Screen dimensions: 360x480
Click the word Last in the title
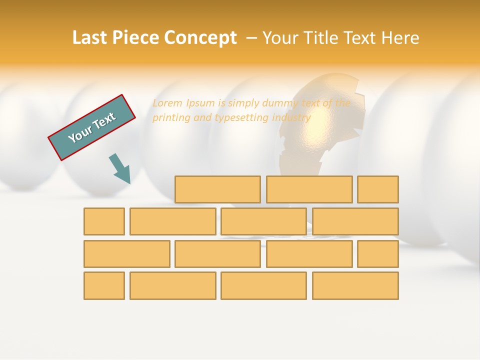coord(89,38)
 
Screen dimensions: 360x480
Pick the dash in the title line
coord(251,38)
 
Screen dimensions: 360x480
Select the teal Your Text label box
coord(92,127)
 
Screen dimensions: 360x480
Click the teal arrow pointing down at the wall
coord(120,169)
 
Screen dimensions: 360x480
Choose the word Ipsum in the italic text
coord(200,103)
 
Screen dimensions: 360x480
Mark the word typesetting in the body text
coord(242,118)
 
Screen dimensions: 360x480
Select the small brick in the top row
coord(378,189)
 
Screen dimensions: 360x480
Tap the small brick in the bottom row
coord(104,285)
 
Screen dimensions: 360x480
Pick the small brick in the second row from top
coord(104,221)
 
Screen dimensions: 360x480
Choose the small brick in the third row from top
coord(378,253)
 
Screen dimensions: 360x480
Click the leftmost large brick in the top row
coord(217,189)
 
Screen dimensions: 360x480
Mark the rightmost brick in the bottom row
coord(355,285)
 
